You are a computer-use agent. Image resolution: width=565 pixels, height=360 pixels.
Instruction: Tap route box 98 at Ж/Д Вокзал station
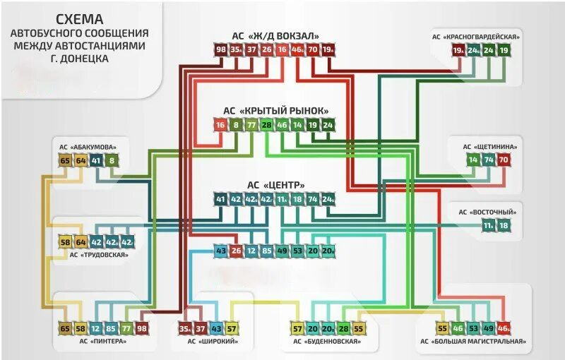(221, 49)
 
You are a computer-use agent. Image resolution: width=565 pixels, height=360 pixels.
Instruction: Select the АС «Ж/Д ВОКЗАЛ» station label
(275, 36)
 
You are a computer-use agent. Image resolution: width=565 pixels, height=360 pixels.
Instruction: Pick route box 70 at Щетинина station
(503, 160)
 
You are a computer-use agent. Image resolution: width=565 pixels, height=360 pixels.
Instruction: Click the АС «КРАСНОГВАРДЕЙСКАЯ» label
(477, 37)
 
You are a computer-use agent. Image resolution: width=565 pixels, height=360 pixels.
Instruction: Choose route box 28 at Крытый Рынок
(266, 126)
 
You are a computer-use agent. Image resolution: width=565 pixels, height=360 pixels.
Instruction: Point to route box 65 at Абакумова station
(66, 161)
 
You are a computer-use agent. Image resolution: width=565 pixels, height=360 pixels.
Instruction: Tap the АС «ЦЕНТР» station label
(275, 185)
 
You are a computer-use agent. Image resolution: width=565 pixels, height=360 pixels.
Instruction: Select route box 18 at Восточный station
(504, 225)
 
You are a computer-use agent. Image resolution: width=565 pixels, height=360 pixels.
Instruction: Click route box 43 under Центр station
(221, 250)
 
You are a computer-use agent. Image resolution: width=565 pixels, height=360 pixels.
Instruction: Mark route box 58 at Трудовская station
(66, 242)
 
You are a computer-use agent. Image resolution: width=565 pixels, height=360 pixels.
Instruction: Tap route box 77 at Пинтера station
(126, 329)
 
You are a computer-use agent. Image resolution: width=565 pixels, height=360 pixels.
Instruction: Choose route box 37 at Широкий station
(201, 329)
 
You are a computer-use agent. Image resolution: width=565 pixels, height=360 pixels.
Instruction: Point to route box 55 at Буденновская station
(359, 329)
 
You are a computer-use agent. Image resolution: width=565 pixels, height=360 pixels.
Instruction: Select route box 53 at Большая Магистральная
(473, 329)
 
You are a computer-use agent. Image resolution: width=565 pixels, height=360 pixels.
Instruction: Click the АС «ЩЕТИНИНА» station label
(490, 147)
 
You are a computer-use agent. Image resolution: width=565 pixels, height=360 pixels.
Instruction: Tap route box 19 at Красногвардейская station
(504, 50)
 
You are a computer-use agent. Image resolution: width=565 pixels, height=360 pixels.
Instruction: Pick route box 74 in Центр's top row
(313, 199)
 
